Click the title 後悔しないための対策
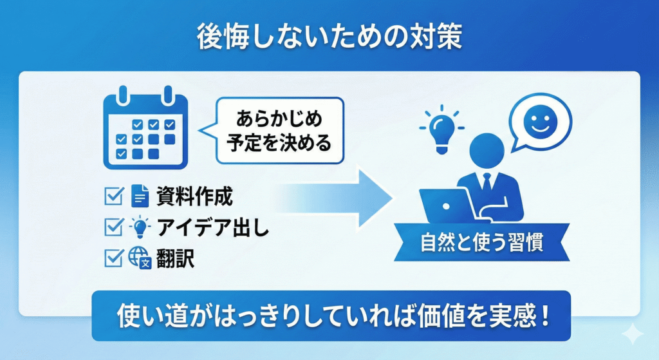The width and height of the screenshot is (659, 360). click(x=329, y=37)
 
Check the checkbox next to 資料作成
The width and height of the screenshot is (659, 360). click(x=113, y=194)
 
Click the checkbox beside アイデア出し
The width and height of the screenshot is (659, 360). click(x=113, y=226)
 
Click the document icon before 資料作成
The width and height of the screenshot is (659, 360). click(x=140, y=195)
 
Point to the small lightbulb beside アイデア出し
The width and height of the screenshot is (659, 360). click(x=140, y=227)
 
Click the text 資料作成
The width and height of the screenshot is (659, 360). click(x=190, y=195)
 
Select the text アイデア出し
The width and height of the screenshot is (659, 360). click(x=213, y=227)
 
